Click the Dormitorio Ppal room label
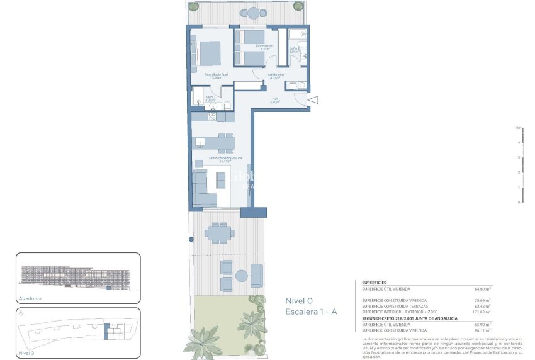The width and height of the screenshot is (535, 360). [216, 76]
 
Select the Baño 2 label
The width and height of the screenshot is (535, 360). [294, 50]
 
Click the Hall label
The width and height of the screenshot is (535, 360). [274, 99]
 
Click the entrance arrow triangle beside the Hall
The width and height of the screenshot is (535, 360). [313, 99]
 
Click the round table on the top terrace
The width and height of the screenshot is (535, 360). [252, 12]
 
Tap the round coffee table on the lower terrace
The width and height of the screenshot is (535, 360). [241, 275]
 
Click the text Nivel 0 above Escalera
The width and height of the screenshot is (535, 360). [299, 300]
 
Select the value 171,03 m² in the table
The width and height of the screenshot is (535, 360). [481, 311]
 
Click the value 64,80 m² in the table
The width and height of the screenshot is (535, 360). [482, 289]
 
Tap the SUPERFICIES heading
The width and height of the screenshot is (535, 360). [374, 283]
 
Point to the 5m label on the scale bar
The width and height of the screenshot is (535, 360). [518, 128]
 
